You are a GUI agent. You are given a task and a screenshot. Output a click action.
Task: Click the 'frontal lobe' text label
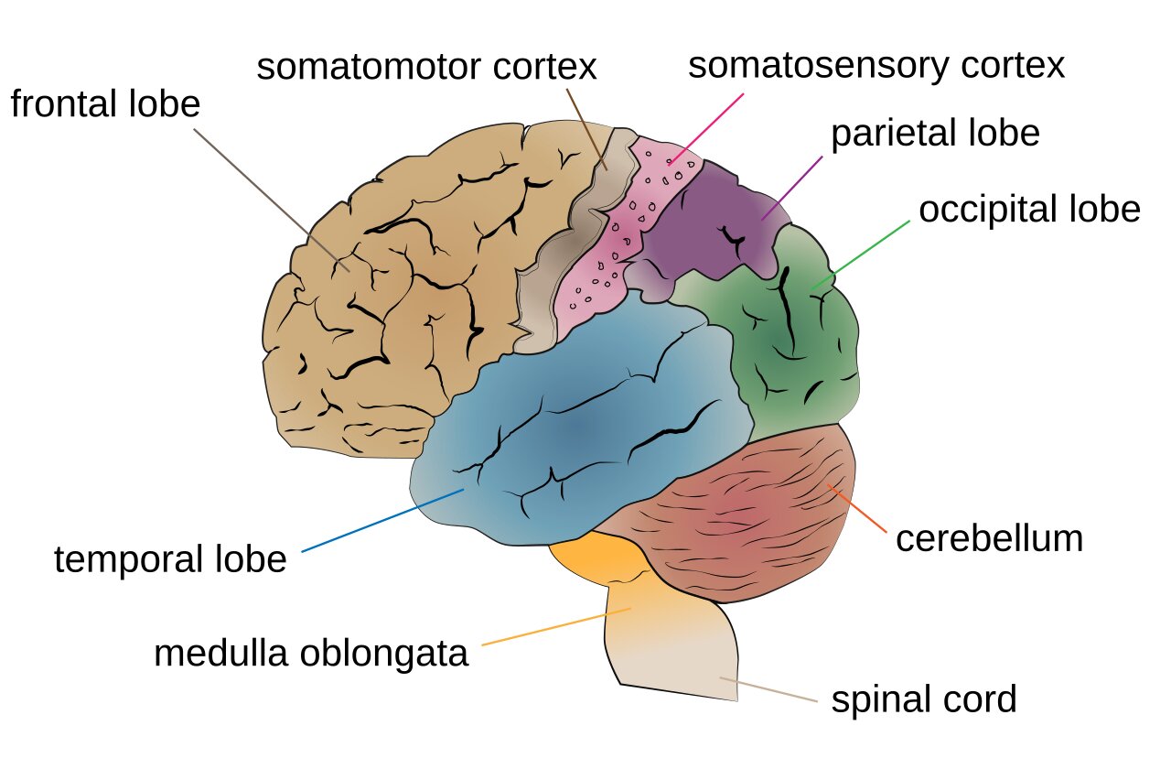point(105,104)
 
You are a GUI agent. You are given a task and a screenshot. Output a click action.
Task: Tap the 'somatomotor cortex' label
point(426,68)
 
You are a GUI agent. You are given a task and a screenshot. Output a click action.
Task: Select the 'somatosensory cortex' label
point(876,66)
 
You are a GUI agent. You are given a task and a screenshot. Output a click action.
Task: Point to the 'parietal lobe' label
point(935,134)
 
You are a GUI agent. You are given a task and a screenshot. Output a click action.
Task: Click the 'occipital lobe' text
point(1029,210)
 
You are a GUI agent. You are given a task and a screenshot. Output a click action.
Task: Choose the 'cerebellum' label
point(989,538)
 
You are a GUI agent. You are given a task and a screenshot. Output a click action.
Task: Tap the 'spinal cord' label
point(923,700)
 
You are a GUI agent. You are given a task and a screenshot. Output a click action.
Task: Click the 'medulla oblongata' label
point(311,654)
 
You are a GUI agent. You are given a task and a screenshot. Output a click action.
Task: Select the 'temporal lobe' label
point(170,559)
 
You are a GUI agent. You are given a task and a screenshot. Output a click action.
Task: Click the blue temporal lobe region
point(585,430)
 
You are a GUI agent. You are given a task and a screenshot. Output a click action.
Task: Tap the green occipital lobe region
point(796,348)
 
